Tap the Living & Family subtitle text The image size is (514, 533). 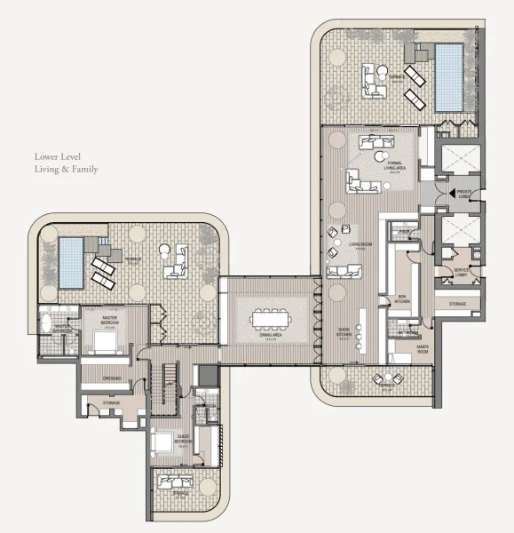tap(67, 169)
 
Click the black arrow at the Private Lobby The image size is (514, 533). tap(451, 191)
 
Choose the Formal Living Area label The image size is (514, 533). tap(394, 164)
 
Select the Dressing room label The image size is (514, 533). tap(112, 379)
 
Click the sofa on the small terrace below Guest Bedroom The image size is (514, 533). tap(170, 481)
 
